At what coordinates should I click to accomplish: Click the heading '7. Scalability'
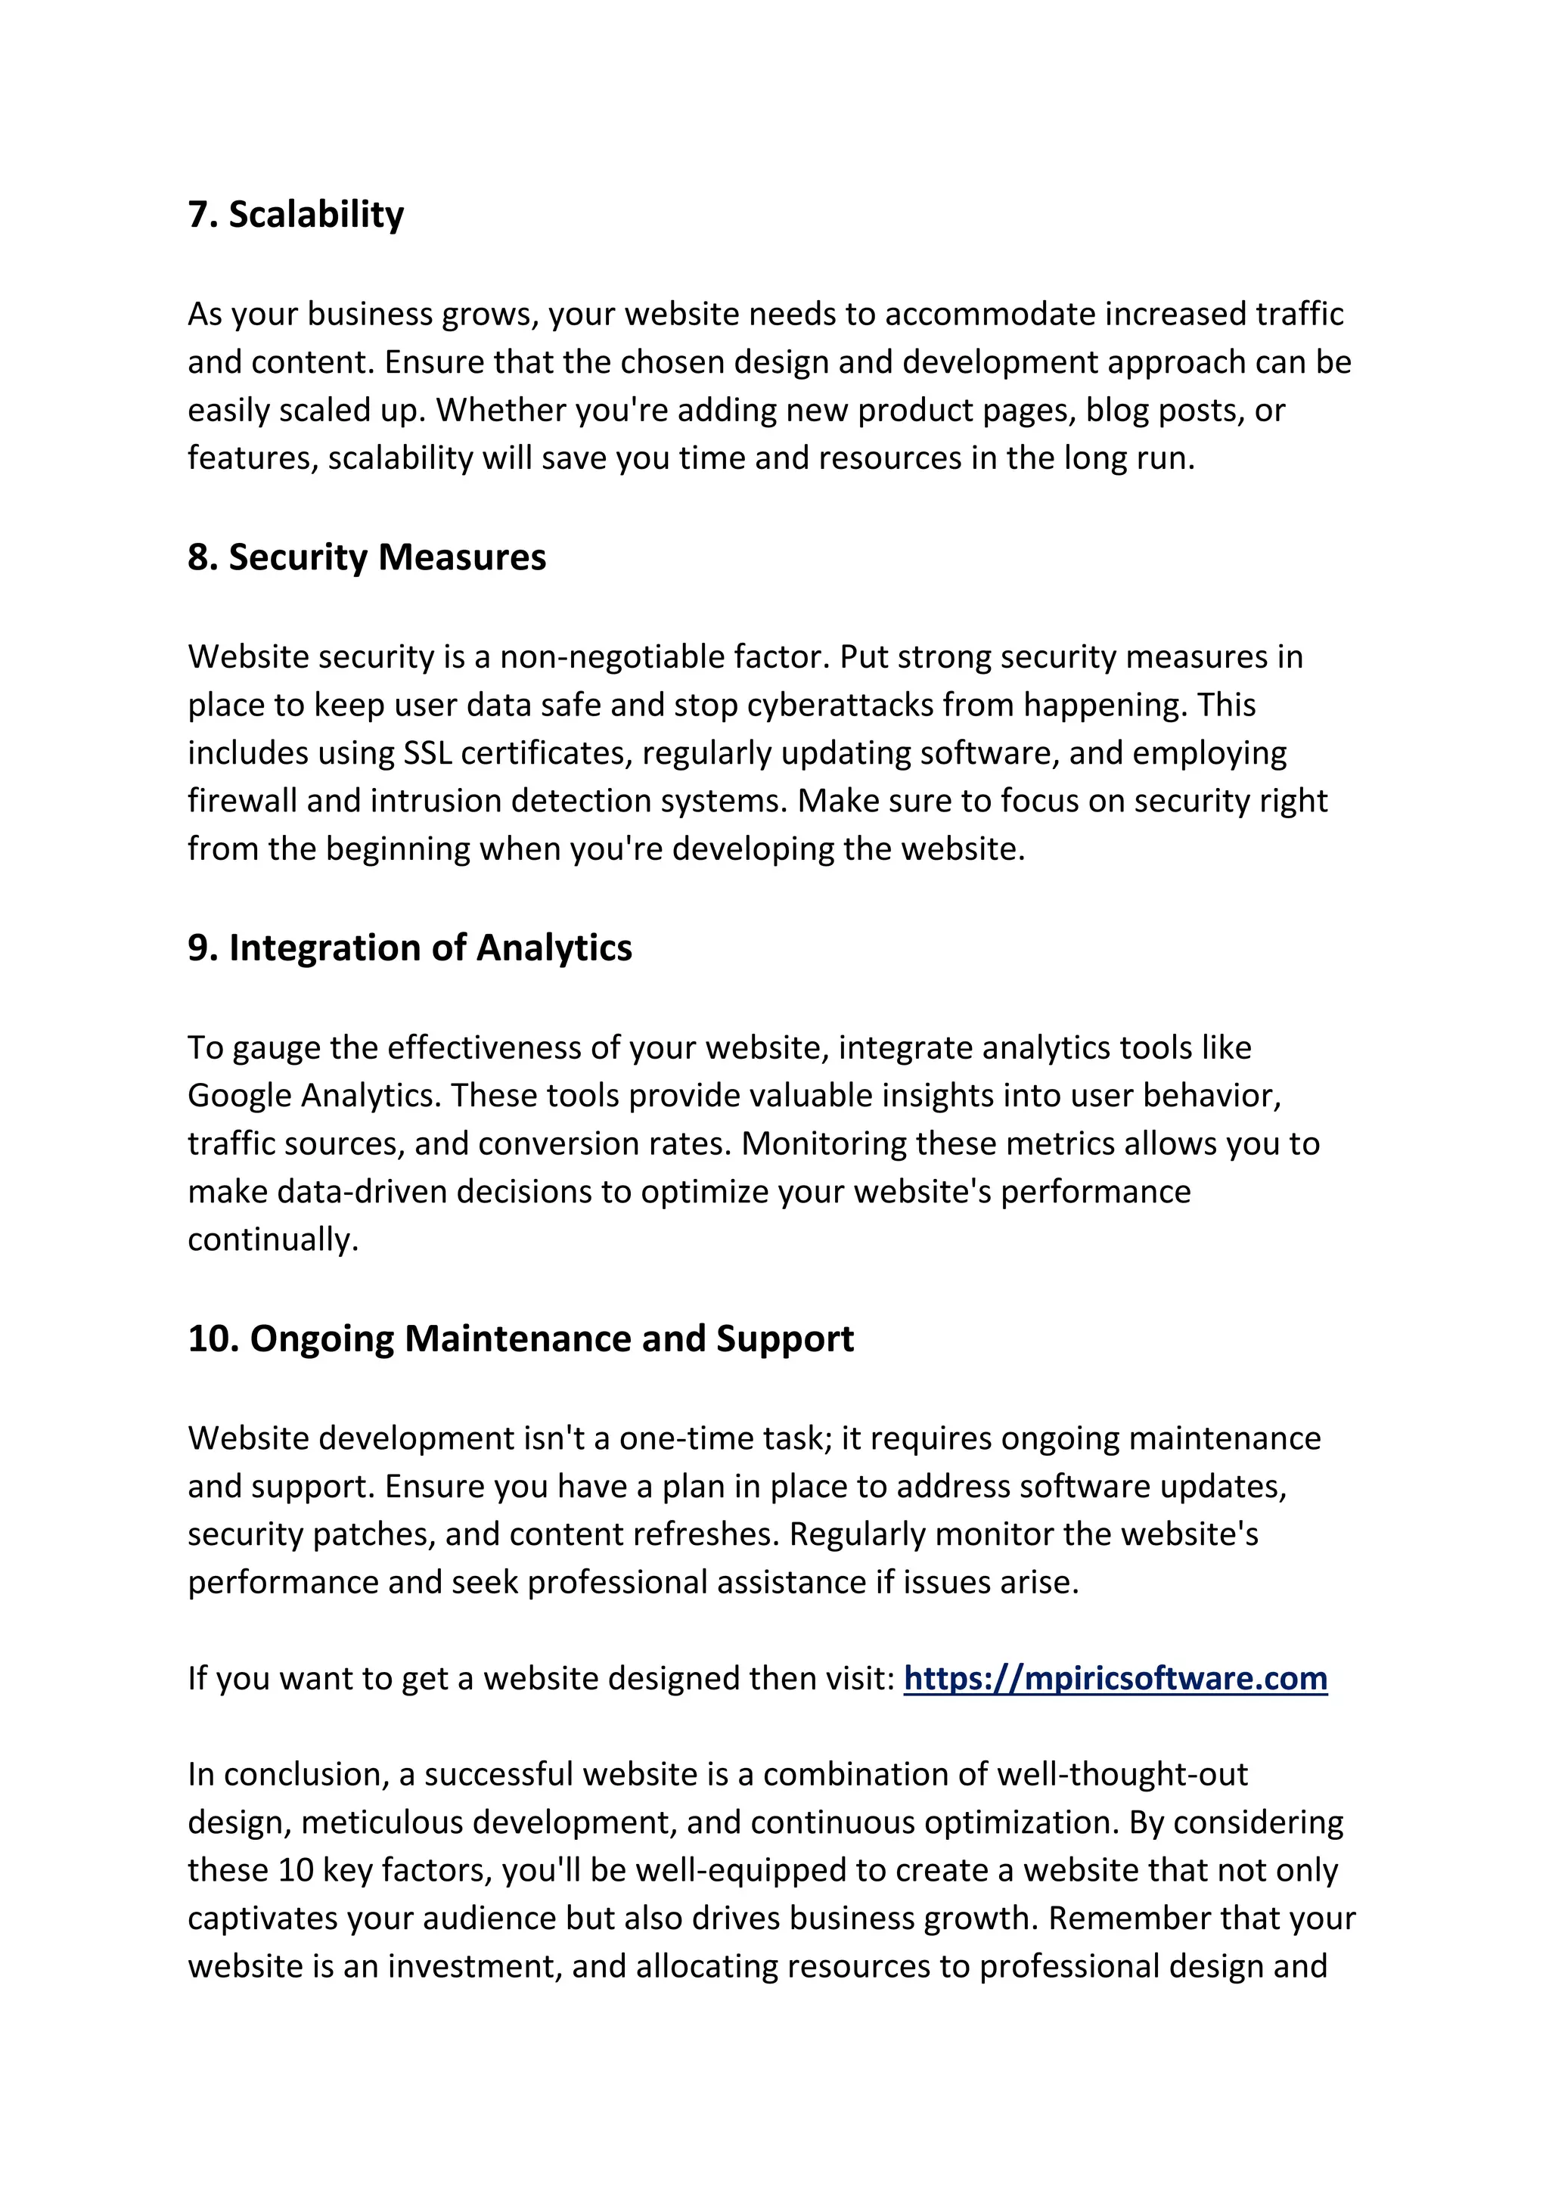[x=296, y=215]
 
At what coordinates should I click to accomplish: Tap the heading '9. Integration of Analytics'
[x=409, y=948]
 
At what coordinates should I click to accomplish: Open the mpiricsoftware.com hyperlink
[x=1115, y=1678]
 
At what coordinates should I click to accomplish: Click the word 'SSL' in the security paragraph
[x=427, y=752]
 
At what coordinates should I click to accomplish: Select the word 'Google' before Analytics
[x=240, y=1095]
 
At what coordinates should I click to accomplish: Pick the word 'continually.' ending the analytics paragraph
[x=273, y=1240]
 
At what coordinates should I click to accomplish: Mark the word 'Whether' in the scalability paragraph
[x=495, y=410]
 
